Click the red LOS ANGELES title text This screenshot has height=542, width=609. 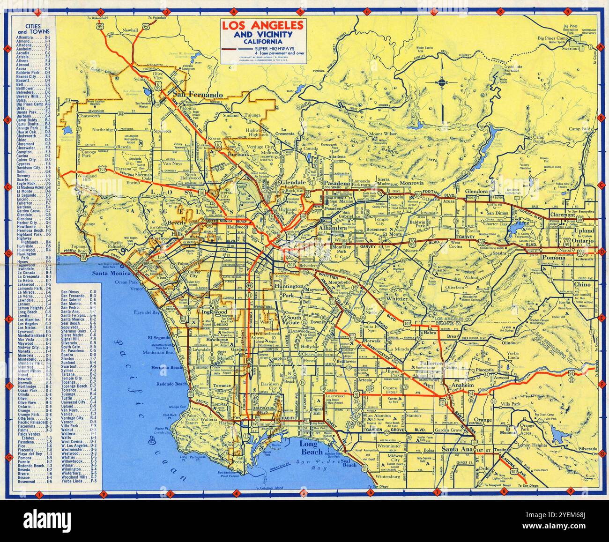click(262, 26)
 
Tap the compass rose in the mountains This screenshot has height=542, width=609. click(441, 83)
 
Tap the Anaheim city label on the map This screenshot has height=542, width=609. click(463, 386)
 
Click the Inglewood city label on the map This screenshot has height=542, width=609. click(214, 312)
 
